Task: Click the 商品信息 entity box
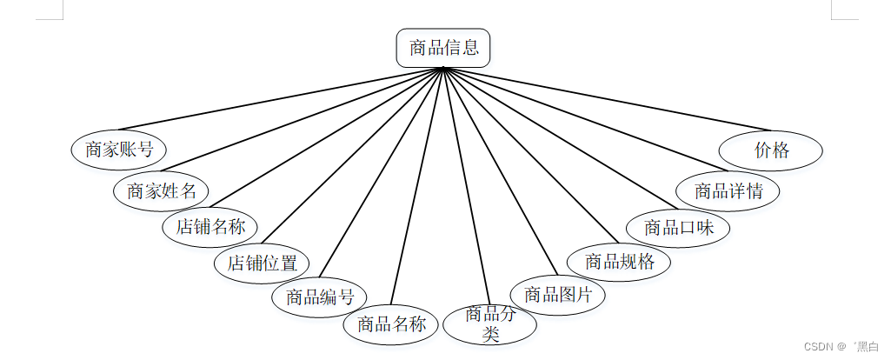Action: tap(443, 48)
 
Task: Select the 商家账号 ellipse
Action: tap(119, 149)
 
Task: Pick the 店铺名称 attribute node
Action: tap(210, 228)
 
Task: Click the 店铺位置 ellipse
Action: tap(262, 263)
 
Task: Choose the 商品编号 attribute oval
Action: tap(319, 297)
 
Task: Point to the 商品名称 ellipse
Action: tap(391, 324)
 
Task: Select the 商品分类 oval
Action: tap(490, 324)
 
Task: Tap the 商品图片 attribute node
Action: tap(557, 294)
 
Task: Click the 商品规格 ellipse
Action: tap(619, 261)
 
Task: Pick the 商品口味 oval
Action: tap(678, 228)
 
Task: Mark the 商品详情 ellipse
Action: tap(728, 190)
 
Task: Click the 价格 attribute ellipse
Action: tap(771, 150)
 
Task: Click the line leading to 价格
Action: tap(608, 100)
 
